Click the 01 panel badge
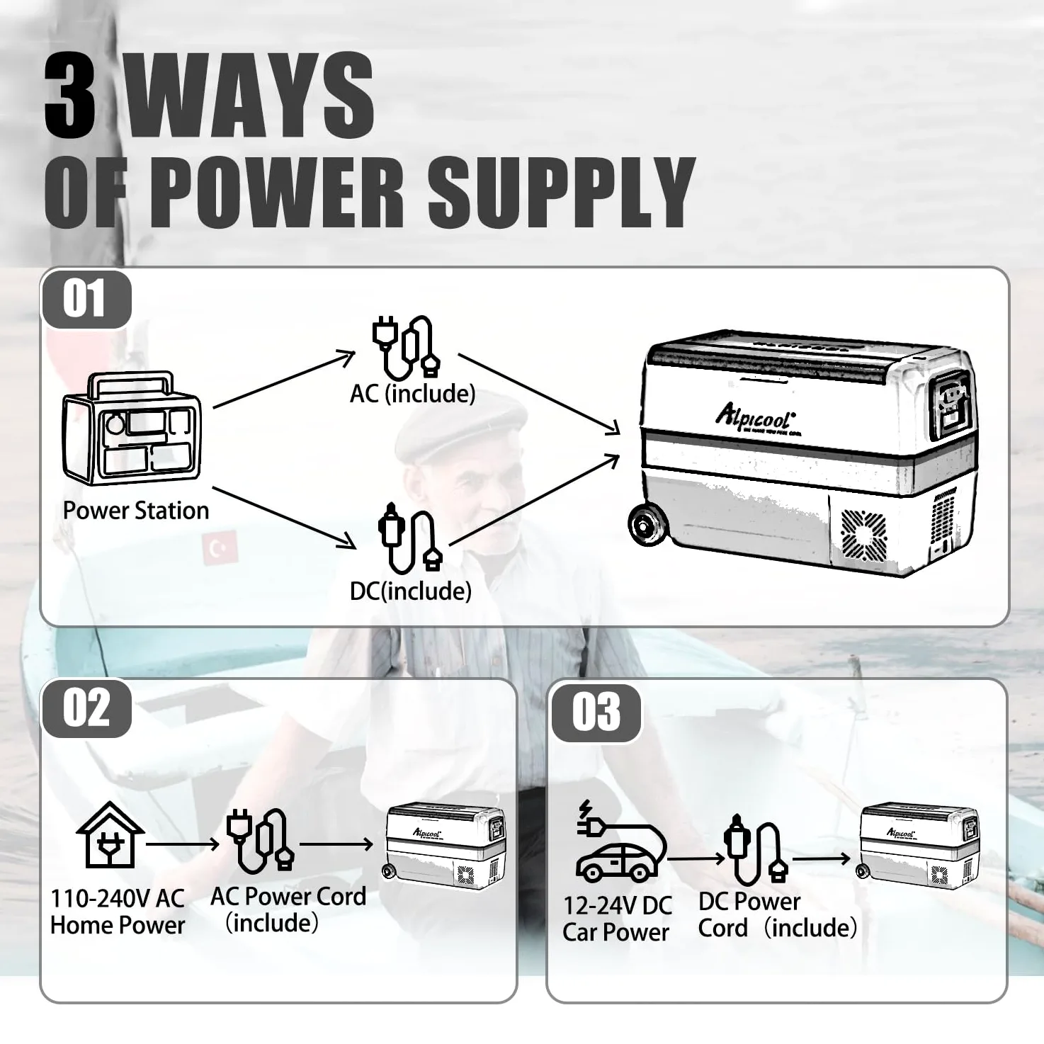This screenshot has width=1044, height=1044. [x=86, y=299]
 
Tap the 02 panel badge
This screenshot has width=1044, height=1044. [x=86, y=708]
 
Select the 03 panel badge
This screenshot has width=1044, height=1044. [x=596, y=713]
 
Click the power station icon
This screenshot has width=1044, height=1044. [x=132, y=428]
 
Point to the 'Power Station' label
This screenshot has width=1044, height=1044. [x=136, y=511]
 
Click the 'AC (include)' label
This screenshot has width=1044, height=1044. [x=412, y=394]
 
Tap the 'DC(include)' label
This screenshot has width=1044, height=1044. [x=411, y=591]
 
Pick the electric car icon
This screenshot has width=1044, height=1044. [x=621, y=840]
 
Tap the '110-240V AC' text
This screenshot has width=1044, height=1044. [x=118, y=898]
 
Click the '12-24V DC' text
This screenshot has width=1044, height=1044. [x=618, y=905]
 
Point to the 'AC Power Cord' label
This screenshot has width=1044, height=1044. [x=288, y=896]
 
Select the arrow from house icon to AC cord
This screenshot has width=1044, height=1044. [x=183, y=844]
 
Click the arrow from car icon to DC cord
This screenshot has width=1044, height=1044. [x=697, y=858]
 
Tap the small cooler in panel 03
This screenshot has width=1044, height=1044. [x=919, y=846]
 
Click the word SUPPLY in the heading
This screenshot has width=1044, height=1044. [x=561, y=193]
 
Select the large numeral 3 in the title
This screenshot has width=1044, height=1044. [x=70, y=96]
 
